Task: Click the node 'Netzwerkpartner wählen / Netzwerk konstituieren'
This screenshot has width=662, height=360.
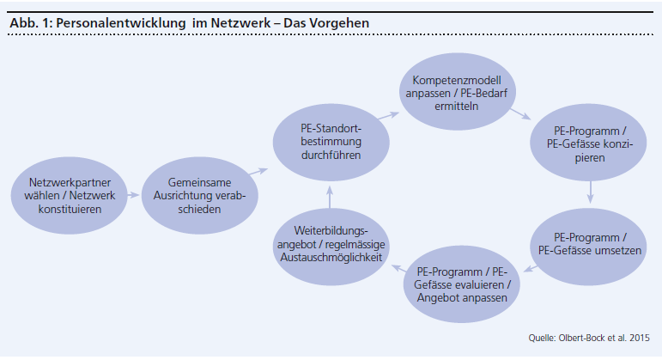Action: [70, 195]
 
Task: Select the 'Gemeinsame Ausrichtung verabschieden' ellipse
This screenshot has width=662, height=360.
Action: [199, 195]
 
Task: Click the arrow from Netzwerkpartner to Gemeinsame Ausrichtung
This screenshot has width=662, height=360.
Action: [134, 195]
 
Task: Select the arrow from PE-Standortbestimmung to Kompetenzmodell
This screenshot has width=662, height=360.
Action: [391, 112]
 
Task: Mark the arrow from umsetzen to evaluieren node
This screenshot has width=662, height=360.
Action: [531, 268]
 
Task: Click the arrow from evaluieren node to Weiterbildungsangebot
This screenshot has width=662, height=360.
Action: [397, 268]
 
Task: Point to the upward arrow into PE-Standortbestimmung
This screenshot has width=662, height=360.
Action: [331, 194]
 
